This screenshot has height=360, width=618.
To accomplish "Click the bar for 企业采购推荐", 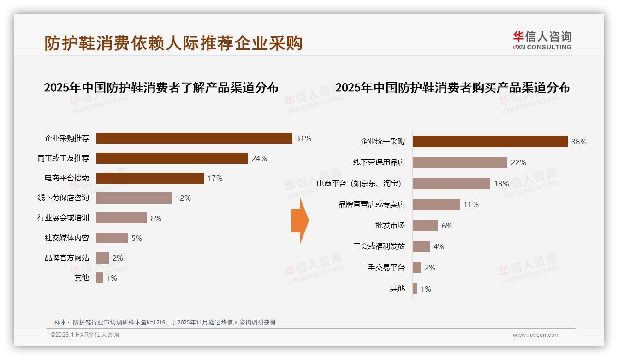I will (x=194, y=138).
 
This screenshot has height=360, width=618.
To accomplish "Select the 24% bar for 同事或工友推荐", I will (x=172, y=158).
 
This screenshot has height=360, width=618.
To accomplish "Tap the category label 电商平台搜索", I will (x=67, y=178).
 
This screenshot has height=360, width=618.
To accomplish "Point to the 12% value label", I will (x=183, y=198).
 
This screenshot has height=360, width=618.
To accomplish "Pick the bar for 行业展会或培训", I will (x=122, y=218).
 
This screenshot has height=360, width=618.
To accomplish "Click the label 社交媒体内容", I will (x=67, y=238).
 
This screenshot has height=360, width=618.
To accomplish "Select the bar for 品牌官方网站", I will (x=103, y=258).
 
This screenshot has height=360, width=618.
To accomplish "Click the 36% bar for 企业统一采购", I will (x=490, y=142).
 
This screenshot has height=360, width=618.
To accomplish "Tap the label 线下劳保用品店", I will (x=379, y=162).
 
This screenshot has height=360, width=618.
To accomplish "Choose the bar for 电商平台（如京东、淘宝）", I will (x=451, y=184).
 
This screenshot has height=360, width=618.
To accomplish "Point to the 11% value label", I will (x=471, y=205).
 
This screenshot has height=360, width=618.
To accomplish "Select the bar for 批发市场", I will (x=425, y=226).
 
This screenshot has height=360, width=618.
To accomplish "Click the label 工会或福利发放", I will (x=379, y=246).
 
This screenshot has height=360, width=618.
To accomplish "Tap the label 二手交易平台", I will (x=382, y=268).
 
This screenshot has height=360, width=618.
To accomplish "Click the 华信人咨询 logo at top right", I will (x=542, y=40).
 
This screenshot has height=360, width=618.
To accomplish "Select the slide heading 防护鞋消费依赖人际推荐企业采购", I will (x=173, y=43).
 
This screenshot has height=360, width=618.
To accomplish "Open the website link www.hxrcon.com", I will (x=536, y=335).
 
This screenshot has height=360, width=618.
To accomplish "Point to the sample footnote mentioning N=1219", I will (x=165, y=322).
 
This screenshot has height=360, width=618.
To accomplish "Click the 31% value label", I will (x=303, y=138).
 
